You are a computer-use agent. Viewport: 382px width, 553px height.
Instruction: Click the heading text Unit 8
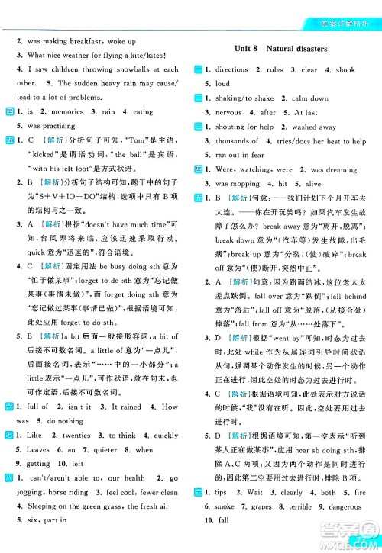(x=247, y=48)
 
